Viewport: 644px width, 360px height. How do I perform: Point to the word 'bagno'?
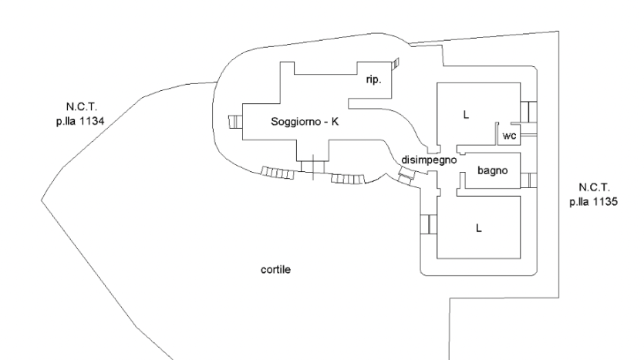tap(492, 171)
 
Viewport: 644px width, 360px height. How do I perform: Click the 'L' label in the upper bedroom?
tap(466, 114)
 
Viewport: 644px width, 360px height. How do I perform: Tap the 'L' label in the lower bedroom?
tap(477, 228)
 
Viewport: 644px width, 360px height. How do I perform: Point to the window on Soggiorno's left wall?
tap(235, 122)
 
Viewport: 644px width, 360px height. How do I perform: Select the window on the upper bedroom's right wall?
tap(528, 112)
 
